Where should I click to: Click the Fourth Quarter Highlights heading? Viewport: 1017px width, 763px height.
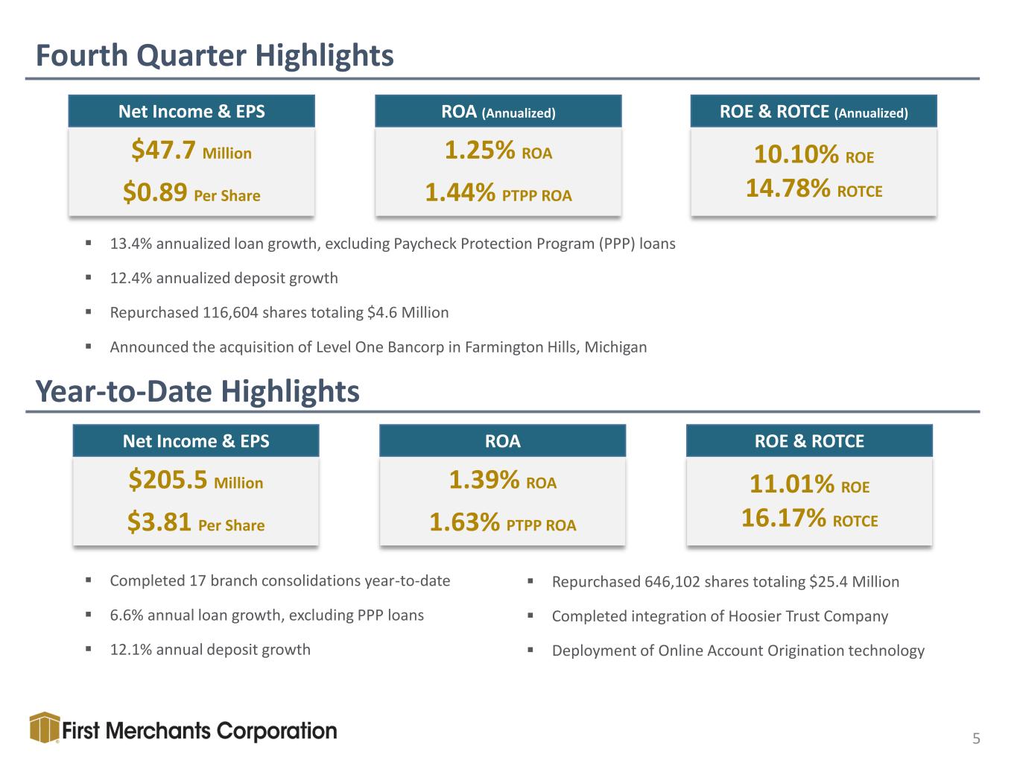click(x=215, y=56)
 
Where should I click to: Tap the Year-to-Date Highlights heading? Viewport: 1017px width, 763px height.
click(x=197, y=391)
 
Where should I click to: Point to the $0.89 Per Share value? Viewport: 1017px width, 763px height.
click(x=191, y=192)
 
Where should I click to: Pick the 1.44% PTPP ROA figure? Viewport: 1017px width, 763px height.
click(x=498, y=192)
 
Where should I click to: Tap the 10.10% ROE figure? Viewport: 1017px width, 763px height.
click(x=814, y=154)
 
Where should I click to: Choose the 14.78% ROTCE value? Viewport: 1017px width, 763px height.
click(x=814, y=188)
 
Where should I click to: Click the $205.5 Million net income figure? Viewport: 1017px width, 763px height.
click(x=195, y=479)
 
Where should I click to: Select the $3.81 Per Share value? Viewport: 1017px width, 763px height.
click(x=195, y=522)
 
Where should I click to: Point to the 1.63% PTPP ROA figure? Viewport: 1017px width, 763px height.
click(x=503, y=522)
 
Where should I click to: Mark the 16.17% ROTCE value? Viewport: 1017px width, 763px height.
click(x=809, y=517)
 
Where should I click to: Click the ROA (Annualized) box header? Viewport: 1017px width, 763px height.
click(x=498, y=112)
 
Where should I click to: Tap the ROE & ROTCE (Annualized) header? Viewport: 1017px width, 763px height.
click(x=814, y=112)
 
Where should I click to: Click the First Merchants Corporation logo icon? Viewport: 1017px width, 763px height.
click(x=45, y=727)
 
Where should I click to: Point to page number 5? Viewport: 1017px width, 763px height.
click(x=976, y=738)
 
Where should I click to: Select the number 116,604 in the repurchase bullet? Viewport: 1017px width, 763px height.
click(x=229, y=313)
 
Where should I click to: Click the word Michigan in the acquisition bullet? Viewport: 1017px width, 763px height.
click(x=615, y=347)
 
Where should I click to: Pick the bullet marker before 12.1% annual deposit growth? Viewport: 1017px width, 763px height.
click(x=88, y=650)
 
